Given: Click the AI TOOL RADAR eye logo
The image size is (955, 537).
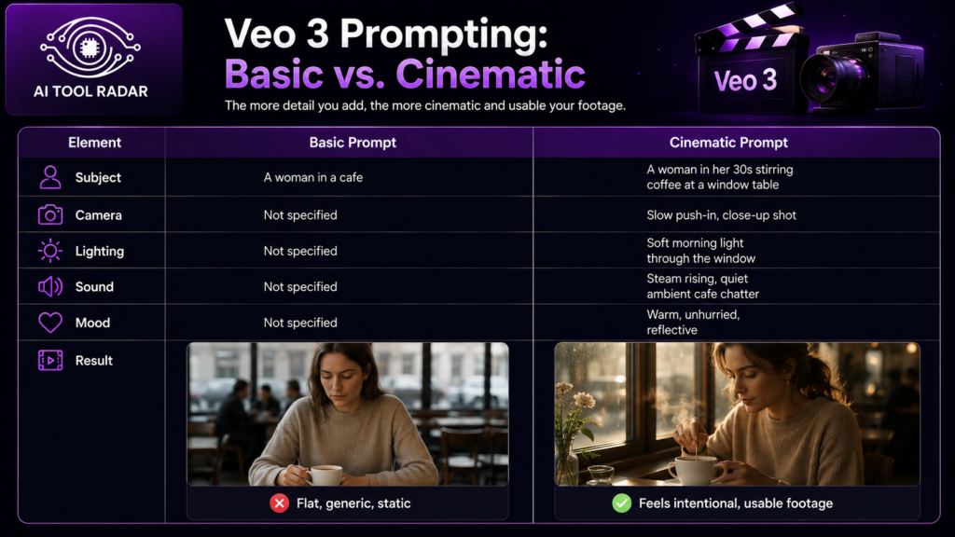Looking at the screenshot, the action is (x=90, y=47).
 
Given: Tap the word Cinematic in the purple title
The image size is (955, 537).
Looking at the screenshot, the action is (x=491, y=75).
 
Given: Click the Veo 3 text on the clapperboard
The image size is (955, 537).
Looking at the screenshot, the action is (x=745, y=80).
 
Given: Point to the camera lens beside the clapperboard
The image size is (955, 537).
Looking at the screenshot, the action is (x=828, y=78).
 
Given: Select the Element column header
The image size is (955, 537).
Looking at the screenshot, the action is (x=94, y=143).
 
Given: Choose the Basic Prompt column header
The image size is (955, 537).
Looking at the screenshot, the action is (x=353, y=143).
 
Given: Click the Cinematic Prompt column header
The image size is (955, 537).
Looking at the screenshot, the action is (x=728, y=143).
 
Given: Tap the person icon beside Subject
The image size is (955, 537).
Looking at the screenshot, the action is (x=50, y=178).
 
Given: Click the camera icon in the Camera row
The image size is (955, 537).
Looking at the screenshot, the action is (x=50, y=215).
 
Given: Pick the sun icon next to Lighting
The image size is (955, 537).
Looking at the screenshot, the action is (x=50, y=251).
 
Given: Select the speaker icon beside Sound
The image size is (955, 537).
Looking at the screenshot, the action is (x=50, y=287).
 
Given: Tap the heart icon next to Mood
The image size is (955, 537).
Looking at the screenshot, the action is (x=50, y=323).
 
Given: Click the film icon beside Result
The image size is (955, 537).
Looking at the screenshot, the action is (x=50, y=361).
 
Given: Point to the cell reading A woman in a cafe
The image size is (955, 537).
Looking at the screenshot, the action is (x=313, y=178).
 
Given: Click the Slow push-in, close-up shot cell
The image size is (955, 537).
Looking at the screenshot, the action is (x=721, y=215).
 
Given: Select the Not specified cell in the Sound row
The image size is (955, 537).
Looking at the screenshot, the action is (x=300, y=287).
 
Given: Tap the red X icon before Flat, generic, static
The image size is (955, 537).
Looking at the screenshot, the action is (x=280, y=503).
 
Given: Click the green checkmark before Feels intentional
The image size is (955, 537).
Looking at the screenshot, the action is (x=622, y=503).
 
